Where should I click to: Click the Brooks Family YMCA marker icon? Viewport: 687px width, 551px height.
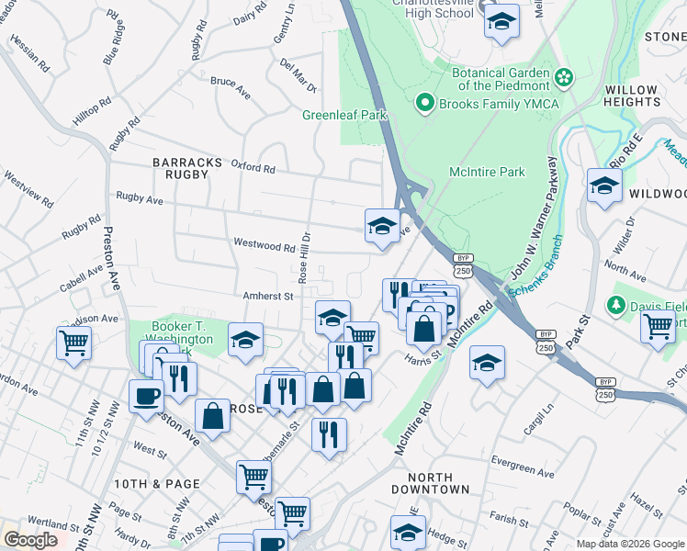point(424,103)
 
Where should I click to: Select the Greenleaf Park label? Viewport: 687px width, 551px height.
point(345,116)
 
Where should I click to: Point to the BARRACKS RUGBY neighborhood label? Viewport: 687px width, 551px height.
point(187,170)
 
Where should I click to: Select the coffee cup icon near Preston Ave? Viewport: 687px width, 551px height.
point(147,397)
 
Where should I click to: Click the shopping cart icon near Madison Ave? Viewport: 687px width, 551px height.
point(73,343)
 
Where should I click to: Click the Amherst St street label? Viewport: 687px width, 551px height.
point(267,296)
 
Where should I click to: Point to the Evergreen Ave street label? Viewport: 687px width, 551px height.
point(523,474)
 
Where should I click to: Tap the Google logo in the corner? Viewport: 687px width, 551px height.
point(30,540)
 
